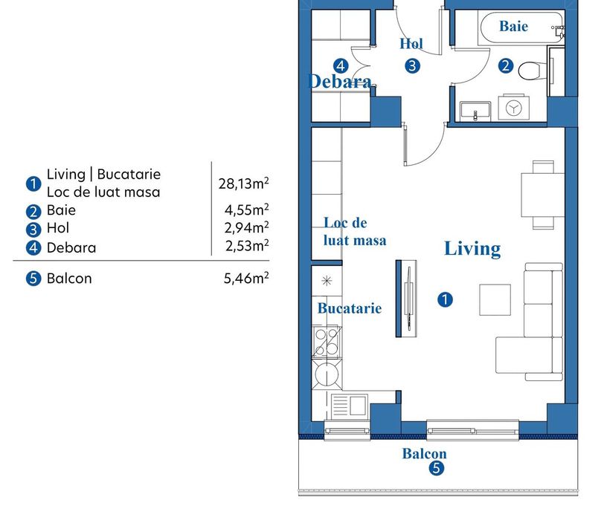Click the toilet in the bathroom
point(532,71)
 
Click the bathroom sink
point(475,111)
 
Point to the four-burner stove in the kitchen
point(327,342)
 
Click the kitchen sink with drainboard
point(349,405)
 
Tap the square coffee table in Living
point(495,300)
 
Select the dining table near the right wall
point(542,195)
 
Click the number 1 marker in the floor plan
point(445,299)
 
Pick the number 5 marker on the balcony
point(436,468)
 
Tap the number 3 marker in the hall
point(412,66)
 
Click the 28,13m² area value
point(244,183)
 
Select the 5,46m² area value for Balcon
point(246,278)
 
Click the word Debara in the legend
point(71,248)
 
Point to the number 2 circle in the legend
point(33,212)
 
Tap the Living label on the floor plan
point(472,249)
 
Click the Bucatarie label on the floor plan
point(350,308)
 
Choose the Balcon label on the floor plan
point(424,454)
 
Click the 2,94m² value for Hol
point(246,227)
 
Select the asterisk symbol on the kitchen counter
point(327,281)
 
